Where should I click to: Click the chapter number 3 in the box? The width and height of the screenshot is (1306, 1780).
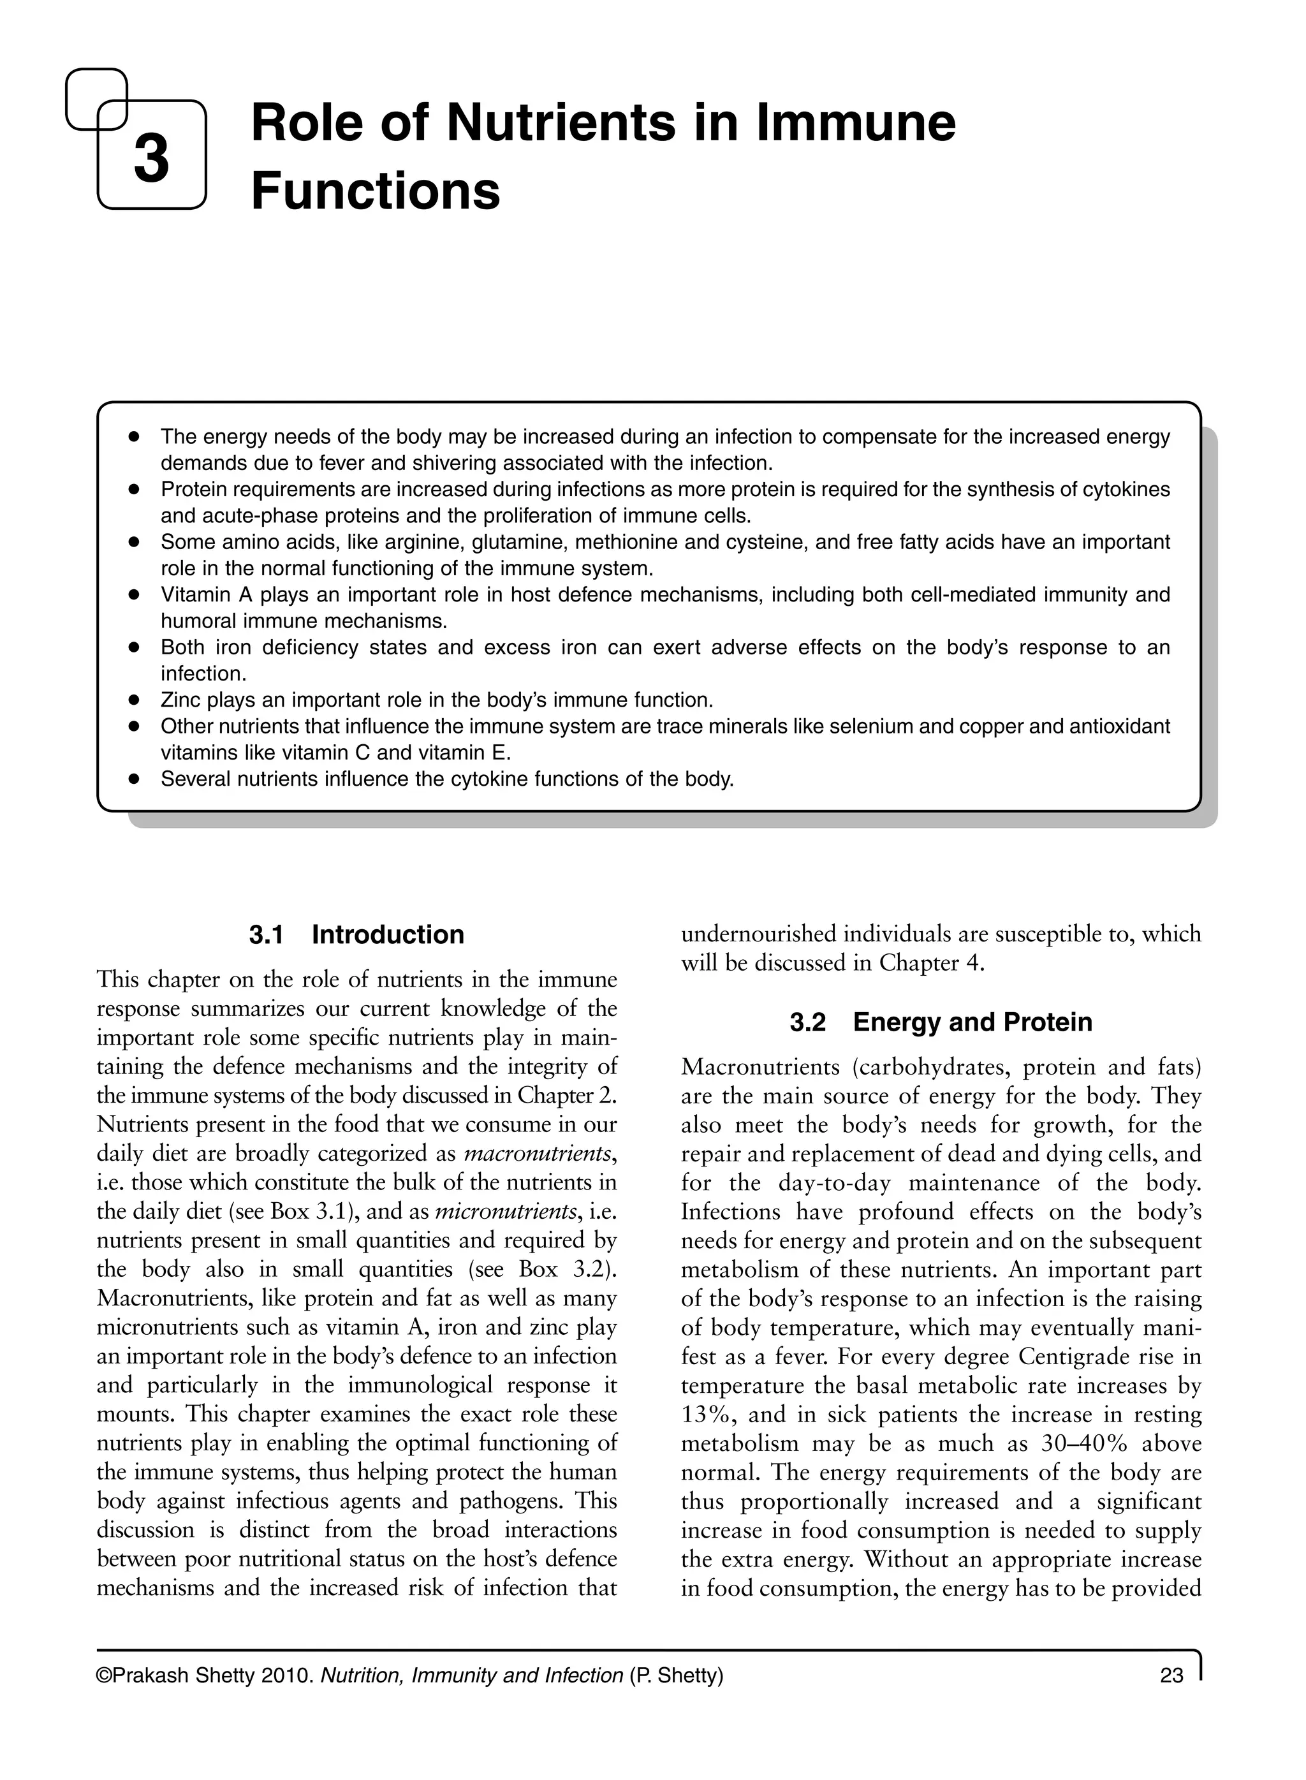pyautogui.click(x=151, y=158)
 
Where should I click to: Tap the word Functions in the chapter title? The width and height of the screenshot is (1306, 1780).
pyautogui.click(x=376, y=191)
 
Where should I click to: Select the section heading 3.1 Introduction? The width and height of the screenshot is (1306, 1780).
pyautogui.click(x=356, y=935)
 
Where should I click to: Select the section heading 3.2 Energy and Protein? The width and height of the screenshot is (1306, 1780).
pyautogui.click(x=941, y=1022)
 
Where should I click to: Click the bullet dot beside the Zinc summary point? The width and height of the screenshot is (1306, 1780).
pyautogui.click(x=135, y=700)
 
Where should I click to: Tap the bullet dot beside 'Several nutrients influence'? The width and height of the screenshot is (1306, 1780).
pyautogui.click(x=135, y=779)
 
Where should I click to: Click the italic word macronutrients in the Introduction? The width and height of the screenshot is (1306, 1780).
pyautogui.click(x=538, y=1154)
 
